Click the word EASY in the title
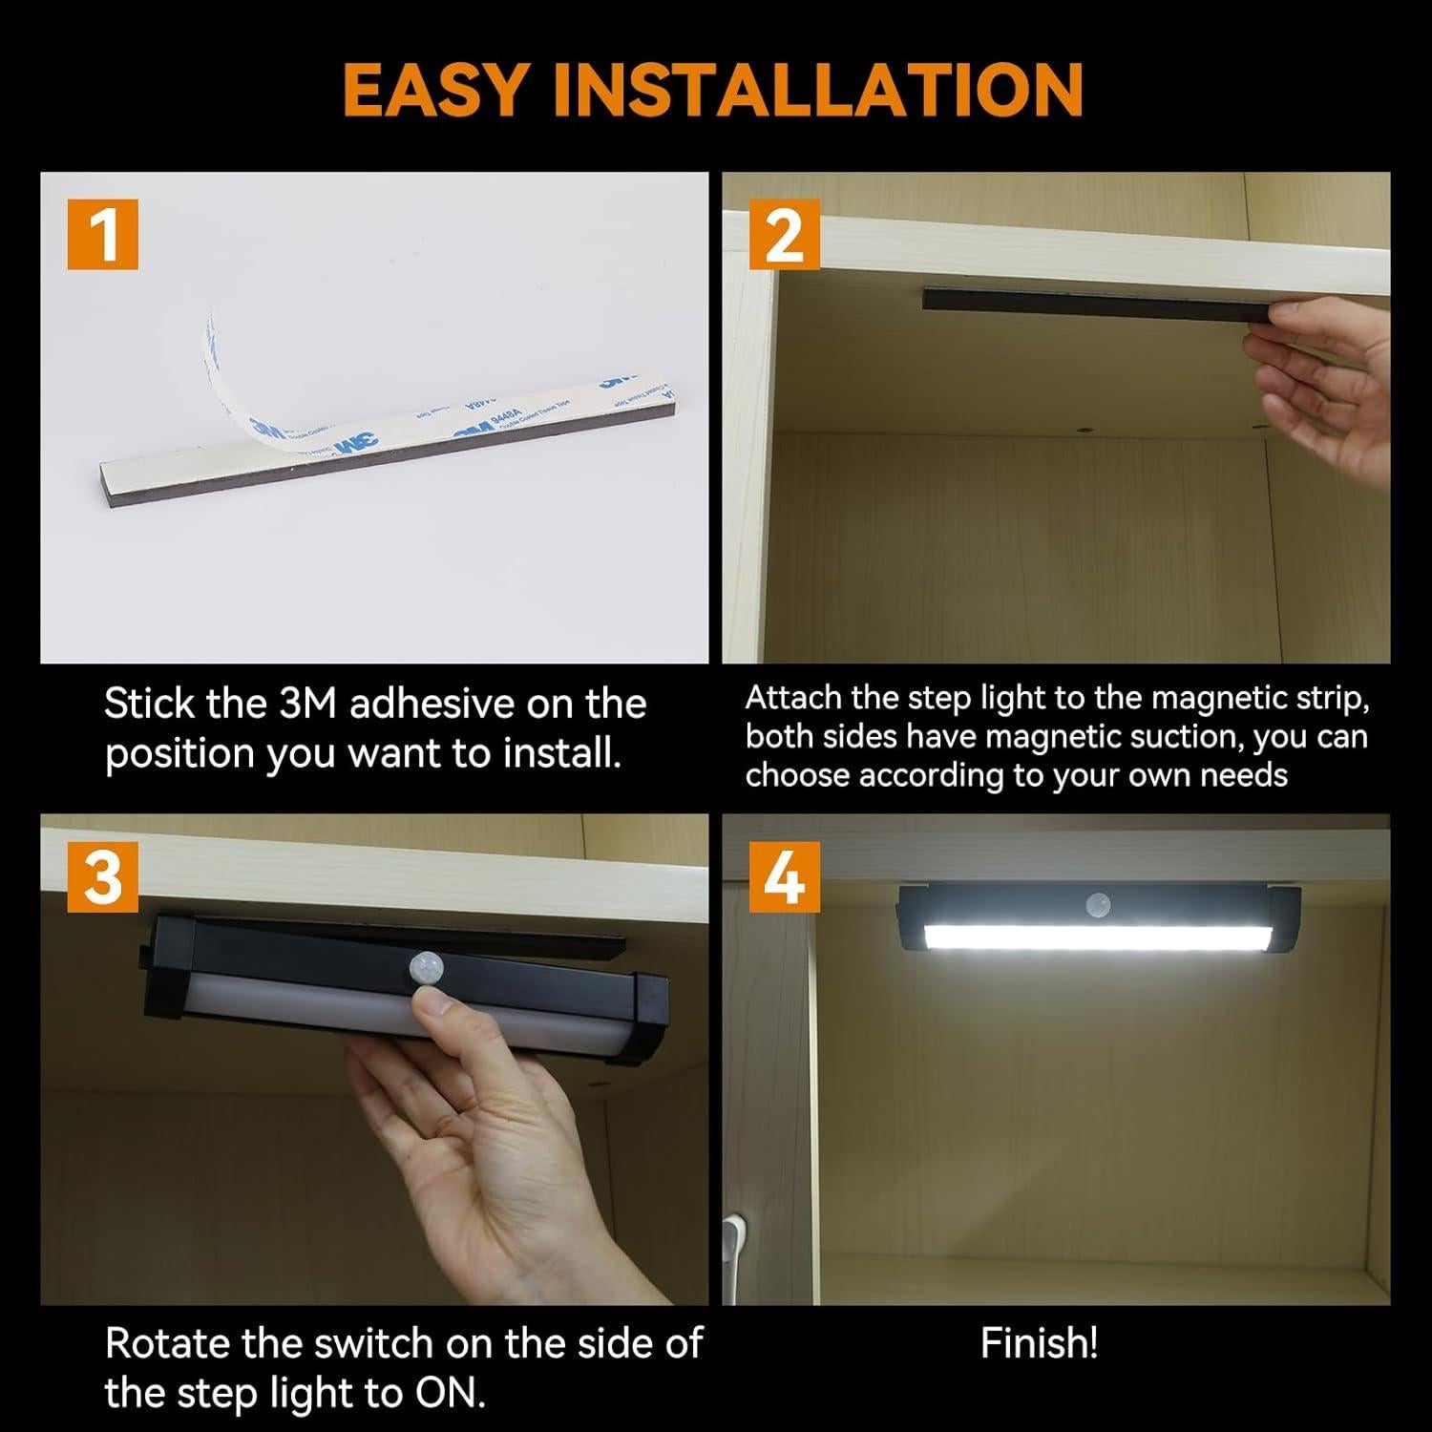click(433, 90)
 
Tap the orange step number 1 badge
click(102, 235)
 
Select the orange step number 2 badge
click(784, 235)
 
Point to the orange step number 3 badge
click(102, 875)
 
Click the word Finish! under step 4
click(1039, 1343)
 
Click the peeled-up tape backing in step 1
click(234, 382)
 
